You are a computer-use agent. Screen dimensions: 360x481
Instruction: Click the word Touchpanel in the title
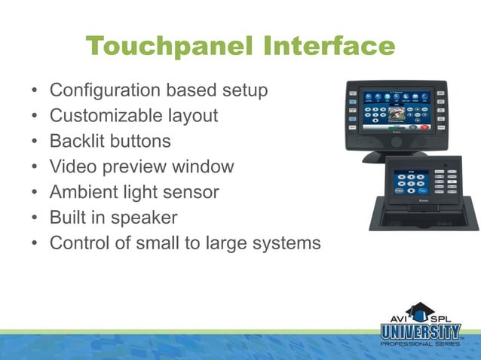coord(170,47)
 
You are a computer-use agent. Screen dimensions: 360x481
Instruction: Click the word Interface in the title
coord(329,47)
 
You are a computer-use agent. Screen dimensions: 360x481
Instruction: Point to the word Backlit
coord(73,142)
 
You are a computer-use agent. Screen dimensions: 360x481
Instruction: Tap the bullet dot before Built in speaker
coord(35,218)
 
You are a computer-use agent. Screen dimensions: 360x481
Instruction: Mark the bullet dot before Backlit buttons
coord(35,142)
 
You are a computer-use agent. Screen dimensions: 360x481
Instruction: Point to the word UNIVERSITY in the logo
coord(420,331)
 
